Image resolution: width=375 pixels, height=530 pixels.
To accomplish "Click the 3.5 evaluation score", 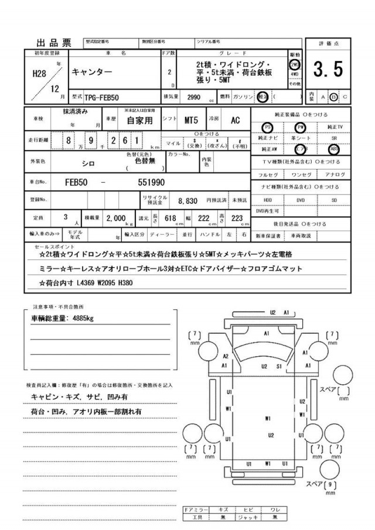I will tap(328, 70).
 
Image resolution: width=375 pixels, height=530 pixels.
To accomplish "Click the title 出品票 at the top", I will tap(54, 42).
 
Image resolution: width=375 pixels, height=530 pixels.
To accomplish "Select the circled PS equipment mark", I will tap(268, 126).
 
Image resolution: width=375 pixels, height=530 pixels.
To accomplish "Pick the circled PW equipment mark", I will tap(301, 126).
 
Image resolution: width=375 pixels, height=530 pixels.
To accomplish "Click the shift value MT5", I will tap(191, 121).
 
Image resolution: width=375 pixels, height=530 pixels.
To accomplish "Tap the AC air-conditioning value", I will tap(235, 121).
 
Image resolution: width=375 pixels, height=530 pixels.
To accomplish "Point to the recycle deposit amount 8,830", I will tap(187, 200).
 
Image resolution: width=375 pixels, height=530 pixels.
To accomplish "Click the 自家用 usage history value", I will tap(139, 121).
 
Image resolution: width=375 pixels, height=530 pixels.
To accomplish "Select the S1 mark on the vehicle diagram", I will tap(280, 366).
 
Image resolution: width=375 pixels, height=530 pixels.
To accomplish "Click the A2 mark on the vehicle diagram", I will tap(226, 356).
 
